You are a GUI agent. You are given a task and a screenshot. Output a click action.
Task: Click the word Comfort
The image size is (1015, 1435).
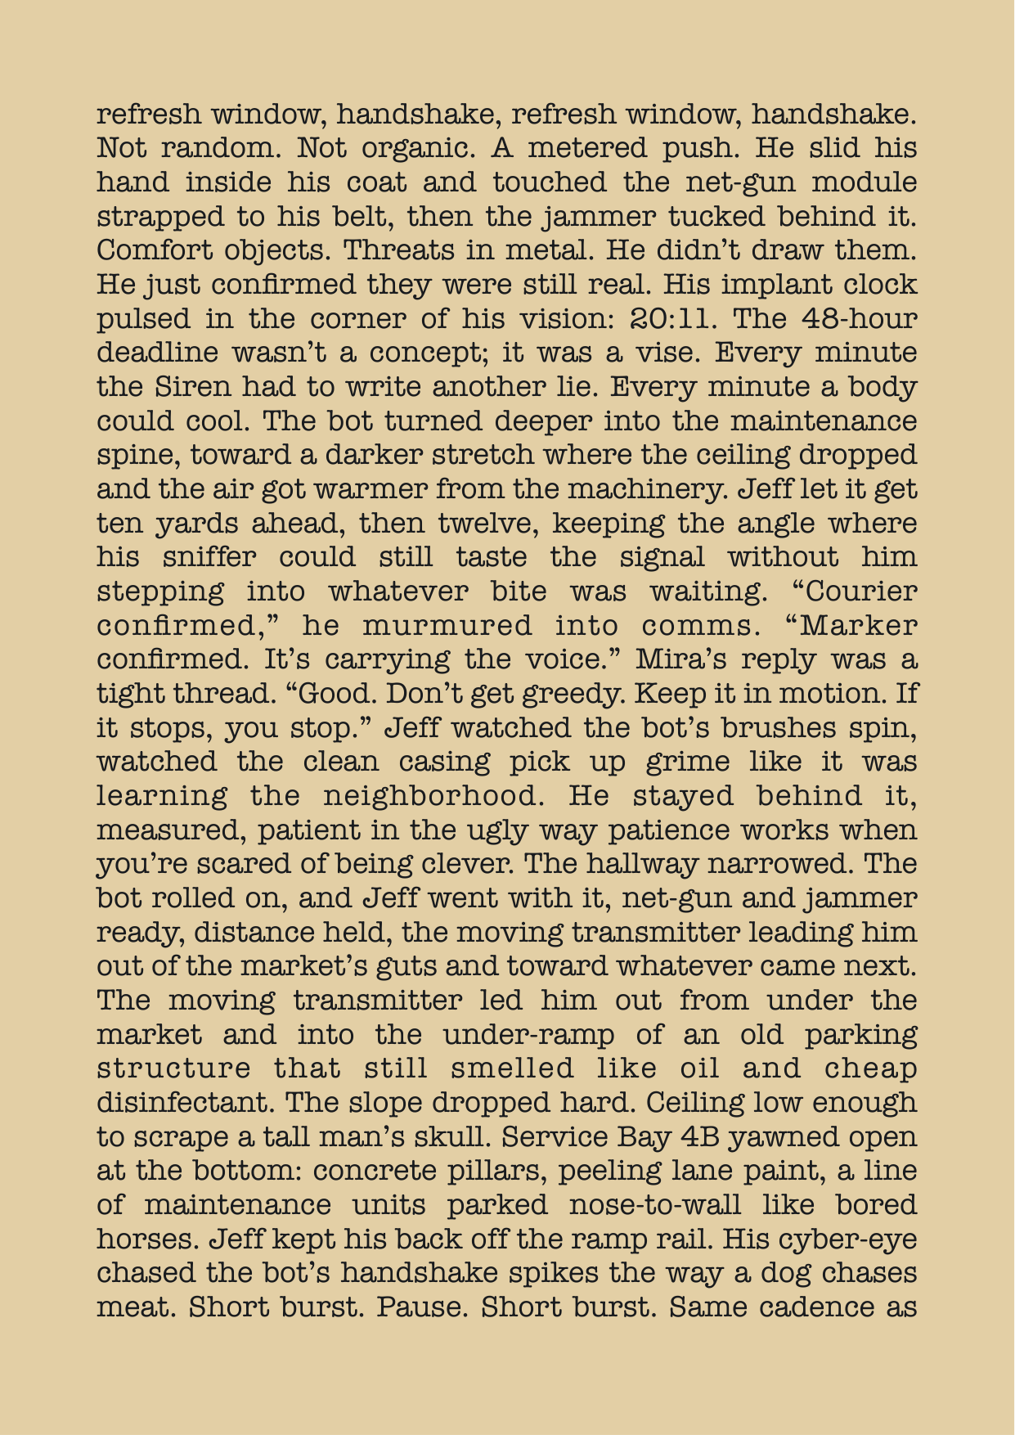click(x=152, y=250)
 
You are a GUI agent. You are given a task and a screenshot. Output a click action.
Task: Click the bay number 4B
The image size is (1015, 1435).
click(x=768, y=1137)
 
